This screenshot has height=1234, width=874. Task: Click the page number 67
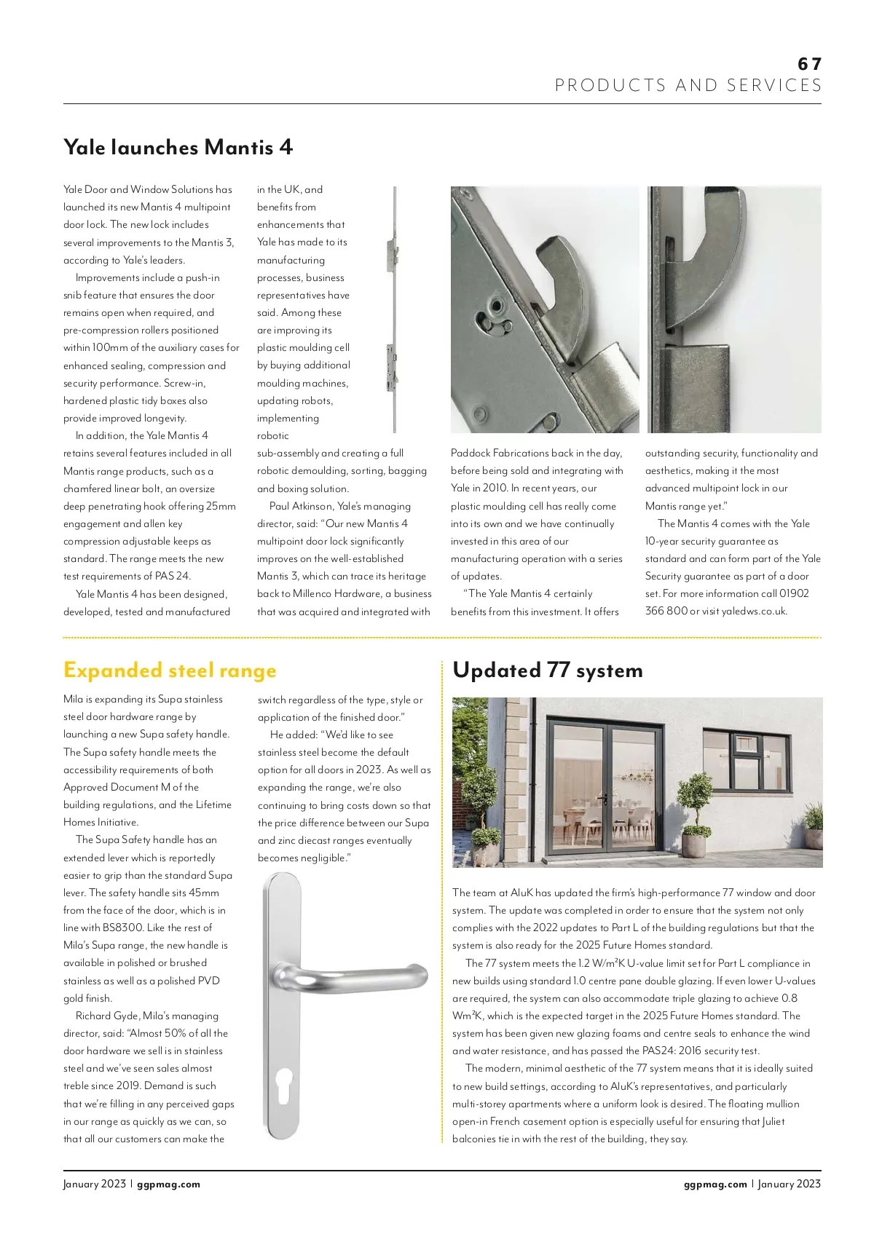(809, 64)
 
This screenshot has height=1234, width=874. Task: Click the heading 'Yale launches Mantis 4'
(178, 147)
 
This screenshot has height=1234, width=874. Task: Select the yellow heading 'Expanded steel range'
(170, 670)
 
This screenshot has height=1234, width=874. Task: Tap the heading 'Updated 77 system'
(548, 670)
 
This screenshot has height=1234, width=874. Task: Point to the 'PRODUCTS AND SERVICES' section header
(688, 85)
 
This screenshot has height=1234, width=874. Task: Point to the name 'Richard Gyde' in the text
(107, 1016)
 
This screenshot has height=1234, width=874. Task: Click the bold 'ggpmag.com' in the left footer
(168, 1184)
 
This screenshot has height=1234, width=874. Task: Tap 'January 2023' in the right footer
(790, 1184)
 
